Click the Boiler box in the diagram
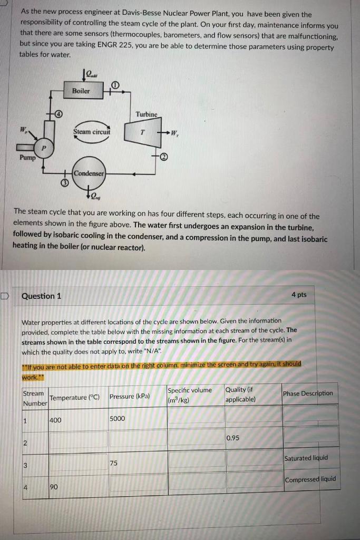[81, 91]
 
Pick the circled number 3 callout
[63, 182]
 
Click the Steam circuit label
[92, 131]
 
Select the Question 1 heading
[41, 296]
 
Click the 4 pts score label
[299, 295]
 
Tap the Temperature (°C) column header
[74, 397]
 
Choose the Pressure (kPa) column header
[130, 396]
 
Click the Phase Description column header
[308, 393]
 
